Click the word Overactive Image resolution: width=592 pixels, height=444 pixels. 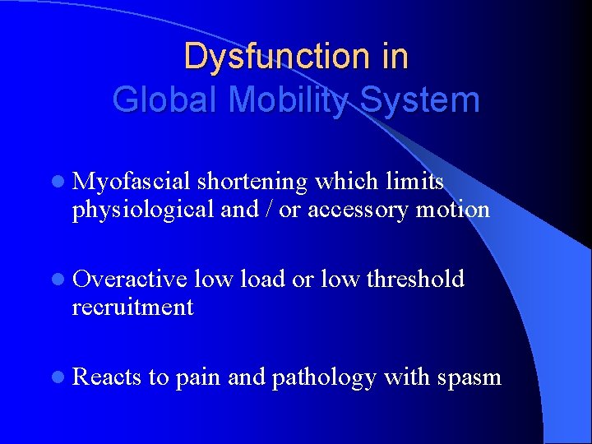point(130,280)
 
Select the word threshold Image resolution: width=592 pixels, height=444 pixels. point(415,280)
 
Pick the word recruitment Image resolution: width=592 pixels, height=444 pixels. point(132,308)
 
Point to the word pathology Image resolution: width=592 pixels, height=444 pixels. point(322,378)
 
